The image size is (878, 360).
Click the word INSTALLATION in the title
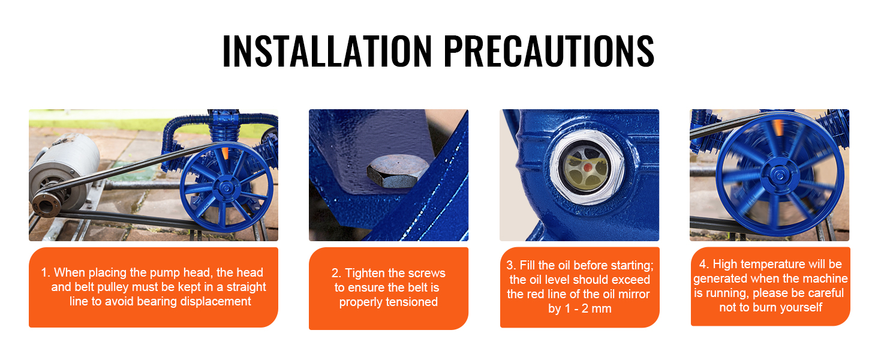[327, 50]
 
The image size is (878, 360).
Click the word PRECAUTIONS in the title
[549, 50]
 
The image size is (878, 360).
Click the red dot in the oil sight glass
[588, 168]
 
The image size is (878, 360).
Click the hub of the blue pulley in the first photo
[225, 188]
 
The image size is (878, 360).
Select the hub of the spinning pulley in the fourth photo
[779, 176]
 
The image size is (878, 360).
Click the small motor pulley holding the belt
[46, 204]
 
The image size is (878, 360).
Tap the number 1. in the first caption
[46, 272]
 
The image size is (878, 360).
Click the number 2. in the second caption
[336, 273]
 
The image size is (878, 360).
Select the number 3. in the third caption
[511, 265]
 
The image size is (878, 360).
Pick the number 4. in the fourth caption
[704, 265]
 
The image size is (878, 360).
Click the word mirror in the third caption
[634, 294]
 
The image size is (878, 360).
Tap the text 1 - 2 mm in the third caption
[588, 308]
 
